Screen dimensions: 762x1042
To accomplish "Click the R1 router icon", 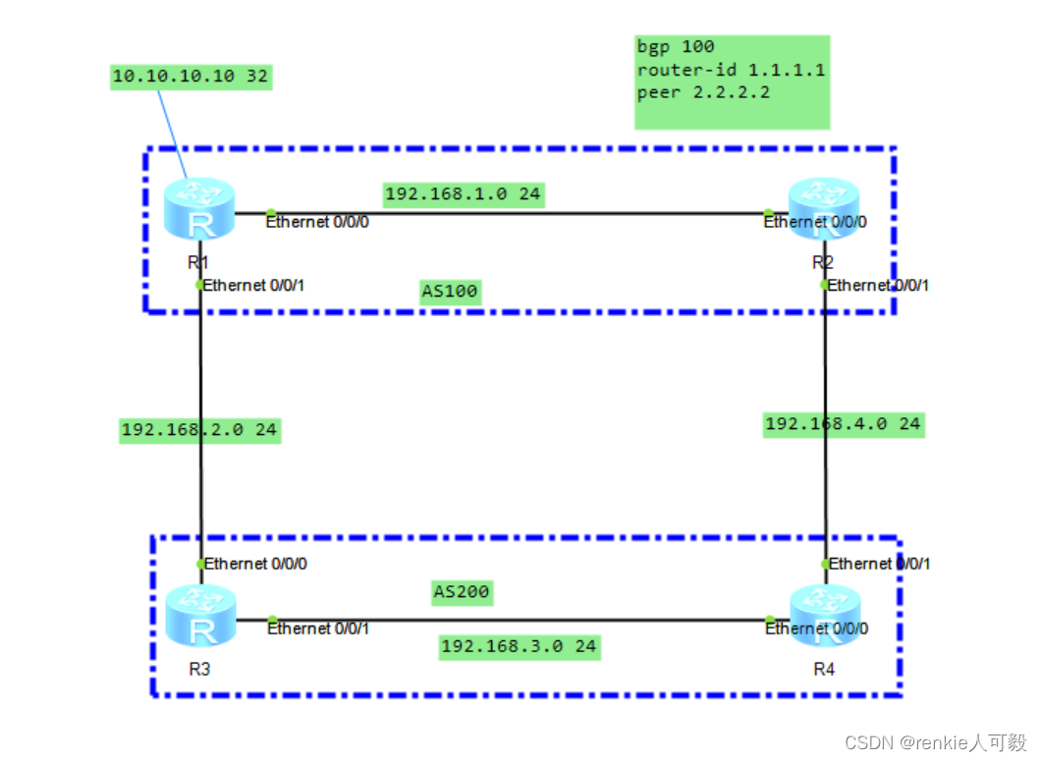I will pos(200,210).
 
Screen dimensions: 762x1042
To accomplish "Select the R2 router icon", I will pos(823,210).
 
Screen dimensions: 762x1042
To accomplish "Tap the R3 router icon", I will pos(200,617).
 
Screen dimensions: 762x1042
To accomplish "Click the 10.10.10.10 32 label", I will pos(191,78).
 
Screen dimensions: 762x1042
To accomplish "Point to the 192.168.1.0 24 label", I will pos(463,193).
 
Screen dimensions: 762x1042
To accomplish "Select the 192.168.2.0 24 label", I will pos(199,429).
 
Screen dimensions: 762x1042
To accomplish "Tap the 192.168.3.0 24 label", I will pos(519,646).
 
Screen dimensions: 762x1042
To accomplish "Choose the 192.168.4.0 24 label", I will pos(844,423).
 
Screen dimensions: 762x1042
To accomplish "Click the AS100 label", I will pos(451,293).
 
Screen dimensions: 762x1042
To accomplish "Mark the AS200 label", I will pos(462,592).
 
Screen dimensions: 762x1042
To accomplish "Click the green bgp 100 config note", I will pos(732,82).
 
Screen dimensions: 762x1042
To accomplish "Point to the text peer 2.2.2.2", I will pos(702,93).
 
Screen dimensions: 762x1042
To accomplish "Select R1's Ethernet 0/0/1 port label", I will pos(256,286).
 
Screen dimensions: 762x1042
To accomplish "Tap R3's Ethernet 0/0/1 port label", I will pos(318,628).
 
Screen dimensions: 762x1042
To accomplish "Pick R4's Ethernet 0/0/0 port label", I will pos(816,628).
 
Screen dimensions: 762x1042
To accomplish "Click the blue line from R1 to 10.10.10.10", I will pos(169,133).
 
